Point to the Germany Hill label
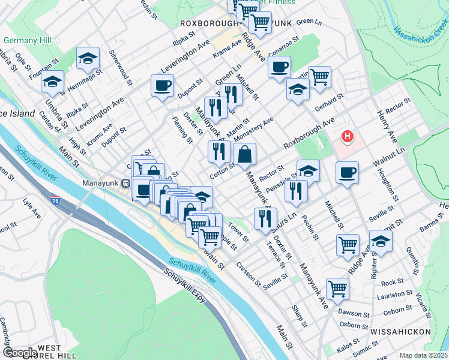[x=24, y=41]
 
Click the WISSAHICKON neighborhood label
[x=400, y=331]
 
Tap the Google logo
[x=19, y=352]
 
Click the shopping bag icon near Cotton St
[x=245, y=154]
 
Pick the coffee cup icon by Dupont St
[x=162, y=85]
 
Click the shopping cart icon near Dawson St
[x=338, y=288]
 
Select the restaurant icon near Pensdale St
[x=296, y=191]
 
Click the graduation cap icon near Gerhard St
[x=298, y=90]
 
